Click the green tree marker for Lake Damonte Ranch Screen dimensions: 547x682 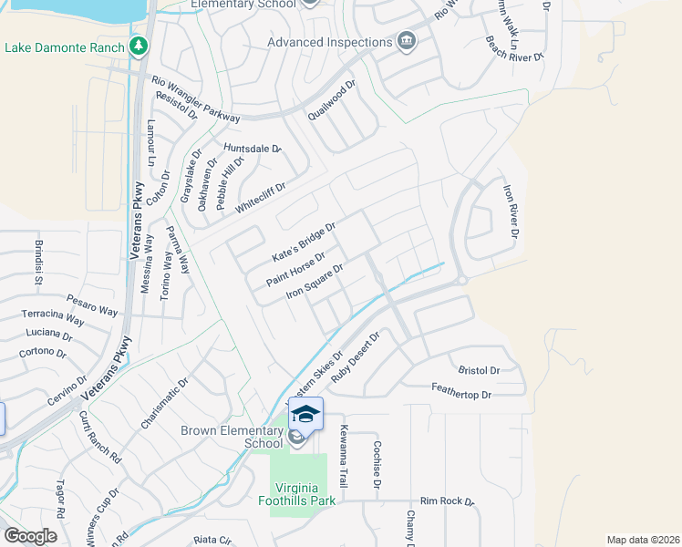point(139,46)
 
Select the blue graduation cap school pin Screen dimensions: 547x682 point(306,413)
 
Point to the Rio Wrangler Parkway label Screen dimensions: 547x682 point(196,99)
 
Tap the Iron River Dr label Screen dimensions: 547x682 point(511,213)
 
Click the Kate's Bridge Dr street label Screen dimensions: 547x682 point(305,241)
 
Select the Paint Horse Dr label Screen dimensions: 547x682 point(295,269)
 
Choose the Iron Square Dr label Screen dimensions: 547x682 point(315,281)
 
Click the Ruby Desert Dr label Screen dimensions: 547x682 point(355,358)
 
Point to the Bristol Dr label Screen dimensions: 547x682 point(479,371)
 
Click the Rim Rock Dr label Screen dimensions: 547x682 point(448,501)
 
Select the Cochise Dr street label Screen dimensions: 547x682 point(376,466)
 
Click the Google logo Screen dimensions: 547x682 point(30,536)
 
